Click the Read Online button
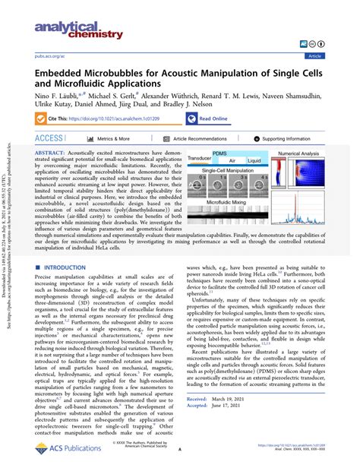click(x=213, y=119)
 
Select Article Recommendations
click(x=199, y=139)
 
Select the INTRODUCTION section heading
click(x=69, y=247)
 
